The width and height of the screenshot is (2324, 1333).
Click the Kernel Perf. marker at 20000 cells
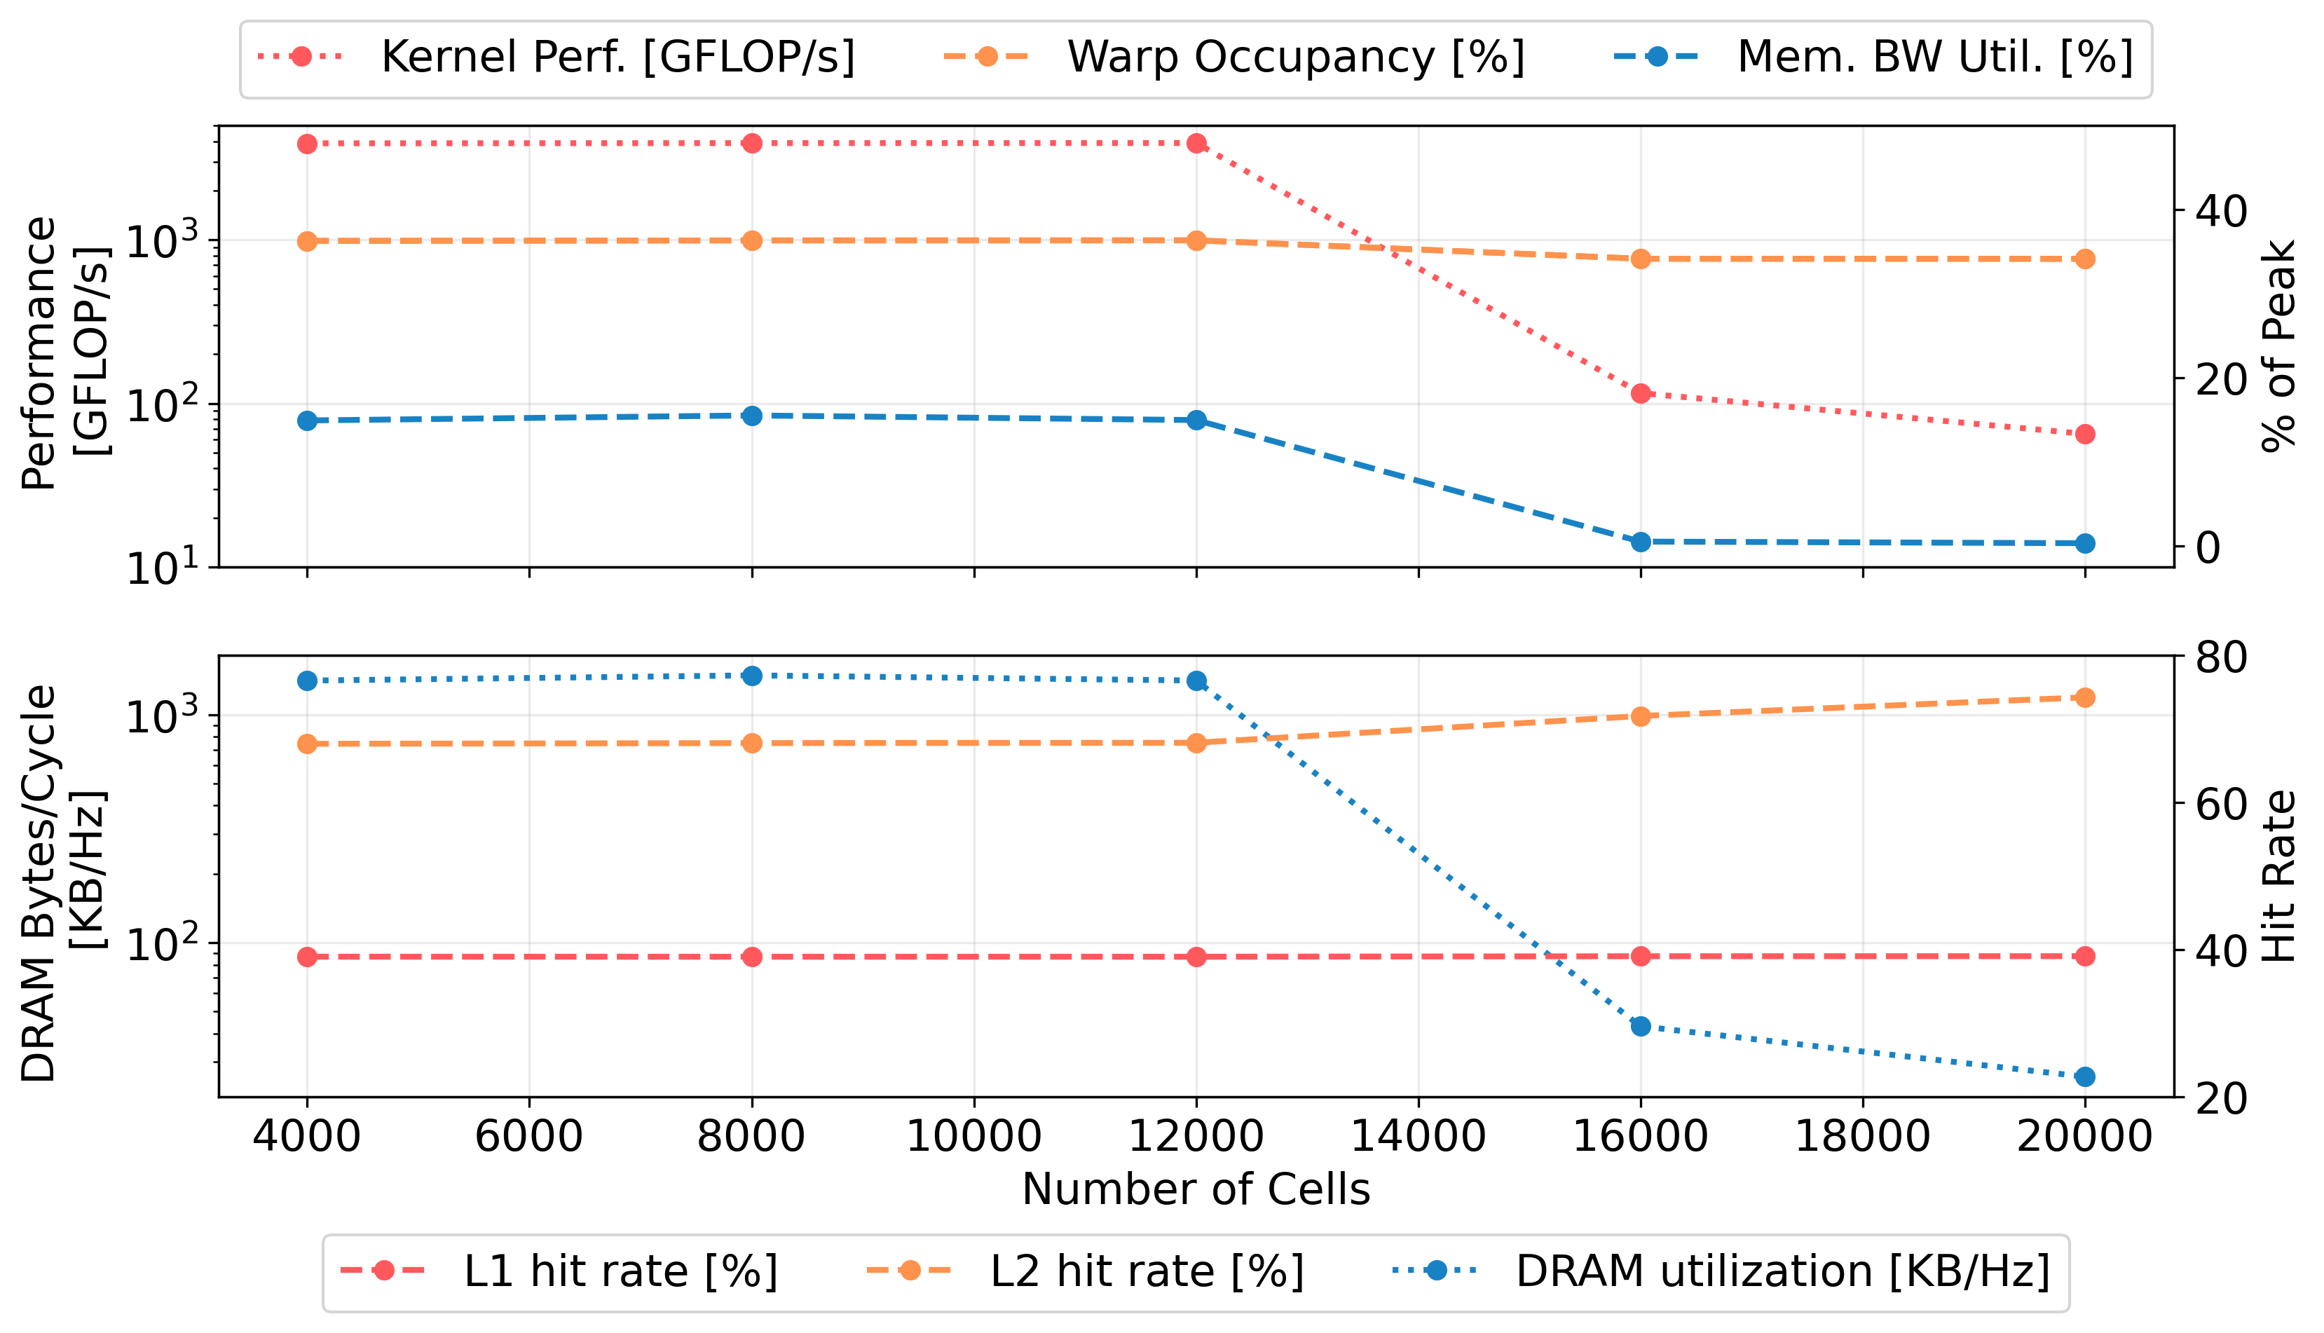(x=2085, y=434)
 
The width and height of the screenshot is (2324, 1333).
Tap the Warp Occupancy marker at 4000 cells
(x=308, y=242)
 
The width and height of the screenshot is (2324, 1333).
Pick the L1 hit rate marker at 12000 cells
(x=1196, y=957)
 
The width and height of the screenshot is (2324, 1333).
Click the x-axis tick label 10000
(x=974, y=1137)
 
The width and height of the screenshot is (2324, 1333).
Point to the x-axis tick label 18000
(x=1863, y=1137)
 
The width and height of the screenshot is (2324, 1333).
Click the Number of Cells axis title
(x=1196, y=1190)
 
